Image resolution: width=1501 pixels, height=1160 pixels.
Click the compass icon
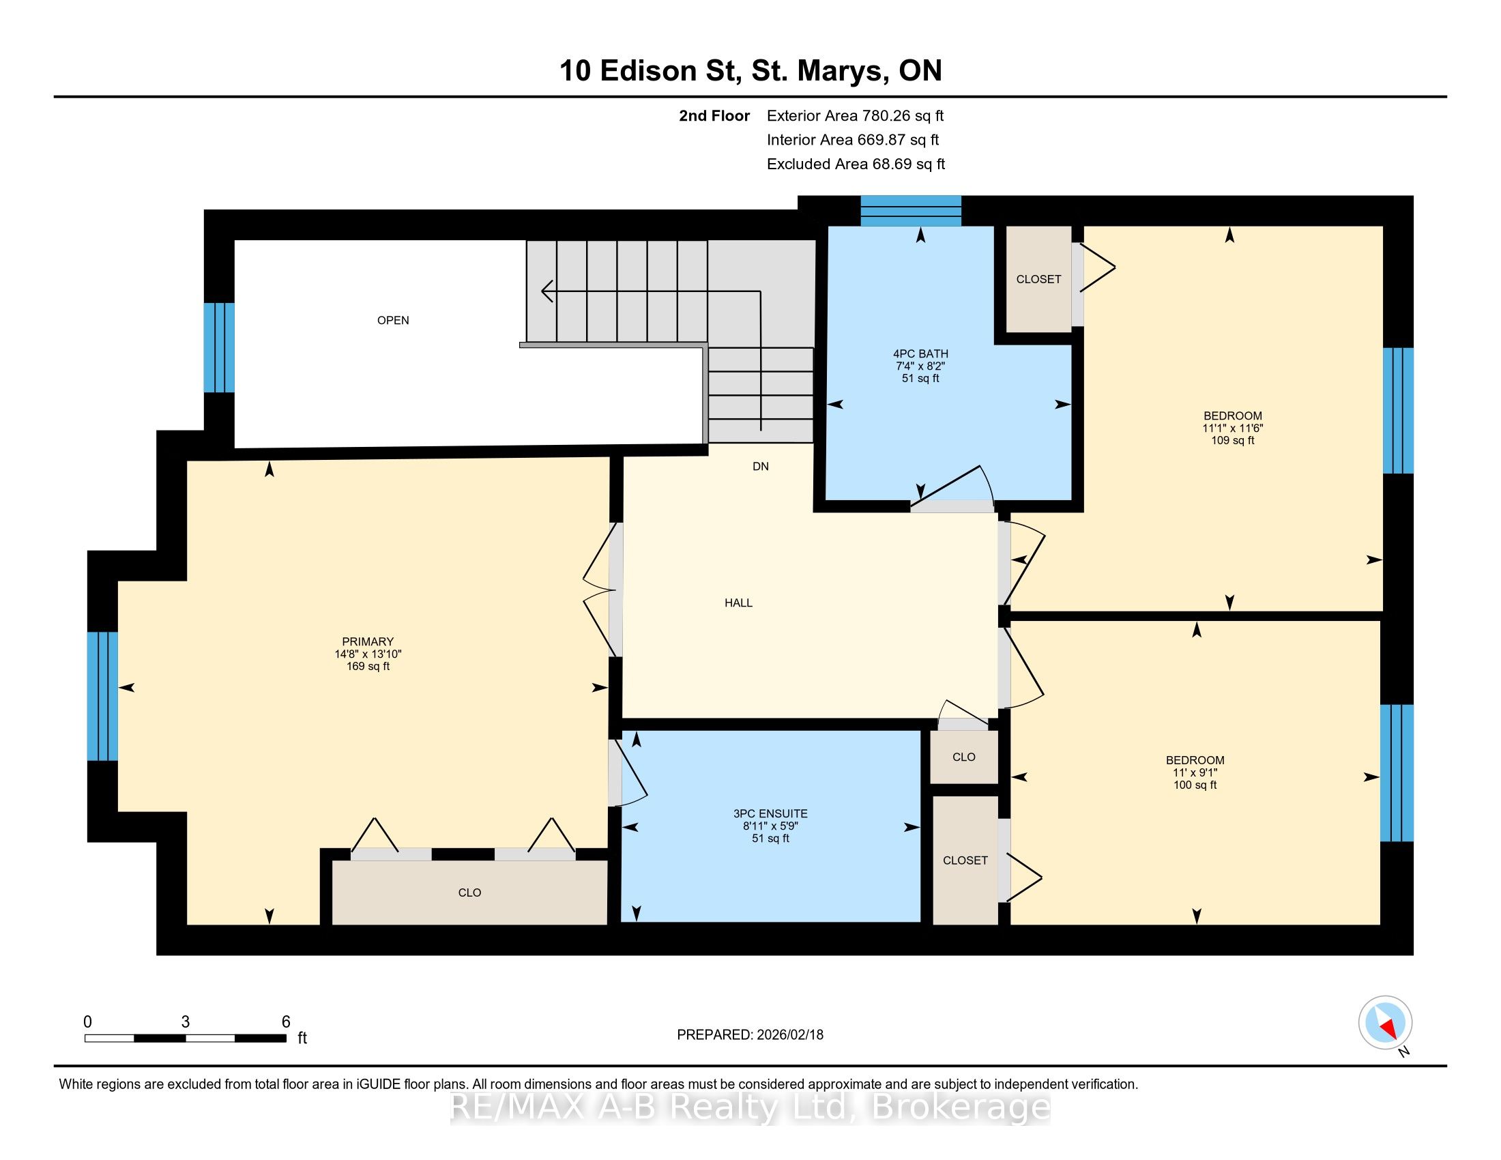(1385, 1022)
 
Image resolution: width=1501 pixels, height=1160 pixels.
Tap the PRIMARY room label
(368, 642)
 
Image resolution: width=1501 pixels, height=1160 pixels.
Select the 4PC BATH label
(920, 354)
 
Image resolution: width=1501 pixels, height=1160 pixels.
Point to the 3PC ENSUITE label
(770, 813)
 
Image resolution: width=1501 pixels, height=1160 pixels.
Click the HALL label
(738, 603)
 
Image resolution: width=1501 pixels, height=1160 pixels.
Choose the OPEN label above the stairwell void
(393, 320)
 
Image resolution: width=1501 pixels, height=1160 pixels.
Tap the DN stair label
(760, 467)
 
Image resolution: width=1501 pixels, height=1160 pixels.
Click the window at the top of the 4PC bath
(911, 210)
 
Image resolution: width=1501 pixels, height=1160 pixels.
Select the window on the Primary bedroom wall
(102, 696)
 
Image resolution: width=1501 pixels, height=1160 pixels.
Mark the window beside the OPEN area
(219, 348)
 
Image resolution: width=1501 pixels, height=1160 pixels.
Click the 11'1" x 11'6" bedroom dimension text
(1232, 428)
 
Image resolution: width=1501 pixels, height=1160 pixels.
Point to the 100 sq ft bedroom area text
(1195, 785)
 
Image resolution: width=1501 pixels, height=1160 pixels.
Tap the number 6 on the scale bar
(286, 1022)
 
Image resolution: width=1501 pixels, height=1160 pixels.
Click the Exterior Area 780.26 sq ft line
(855, 116)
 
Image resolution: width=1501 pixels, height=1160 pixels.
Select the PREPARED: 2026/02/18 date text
(750, 1035)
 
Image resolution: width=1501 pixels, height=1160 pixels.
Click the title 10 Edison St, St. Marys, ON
(750, 71)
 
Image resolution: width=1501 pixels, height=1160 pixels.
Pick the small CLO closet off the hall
(963, 757)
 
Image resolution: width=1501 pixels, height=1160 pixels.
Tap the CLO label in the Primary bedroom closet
(469, 893)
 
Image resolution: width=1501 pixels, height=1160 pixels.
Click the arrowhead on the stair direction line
(548, 291)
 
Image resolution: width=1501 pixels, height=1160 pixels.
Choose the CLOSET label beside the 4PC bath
(1038, 279)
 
